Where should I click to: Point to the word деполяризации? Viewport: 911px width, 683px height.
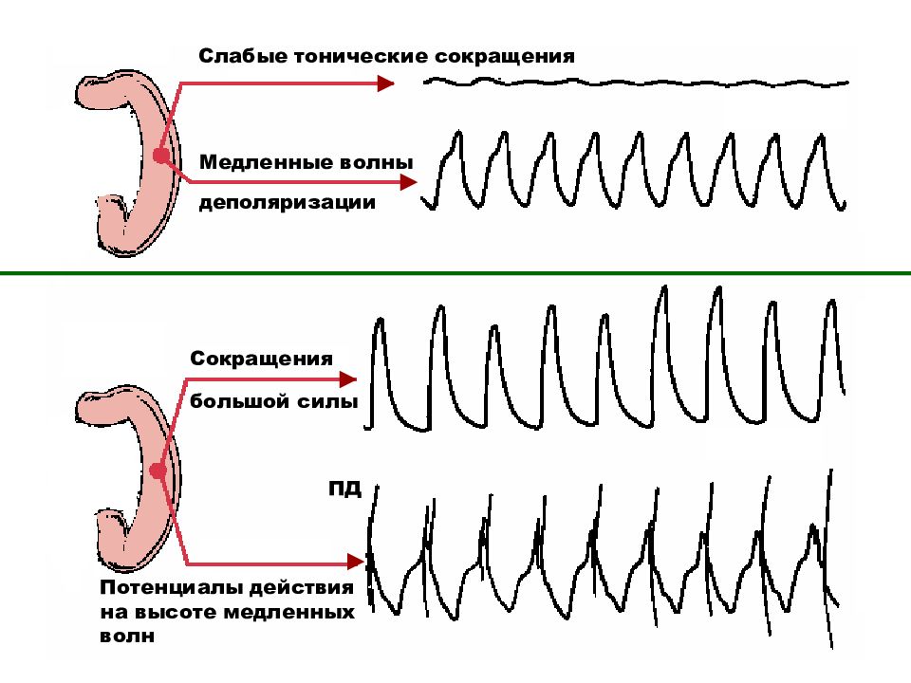(287, 203)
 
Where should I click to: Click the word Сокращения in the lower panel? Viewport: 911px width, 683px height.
(262, 359)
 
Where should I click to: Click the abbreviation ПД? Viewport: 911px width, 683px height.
(344, 489)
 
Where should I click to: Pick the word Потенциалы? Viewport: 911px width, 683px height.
(172, 587)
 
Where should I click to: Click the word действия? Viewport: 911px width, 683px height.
(301, 588)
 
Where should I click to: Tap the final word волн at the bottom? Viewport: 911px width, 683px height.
(127, 636)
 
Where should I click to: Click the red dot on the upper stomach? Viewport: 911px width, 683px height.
(161, 156)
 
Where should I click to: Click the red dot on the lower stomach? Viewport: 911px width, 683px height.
(158, 471)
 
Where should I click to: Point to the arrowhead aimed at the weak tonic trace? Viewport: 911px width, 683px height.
(385, 83)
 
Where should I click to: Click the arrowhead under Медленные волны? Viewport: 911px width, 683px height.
(408, 182)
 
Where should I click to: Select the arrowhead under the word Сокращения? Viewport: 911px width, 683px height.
(347, 379)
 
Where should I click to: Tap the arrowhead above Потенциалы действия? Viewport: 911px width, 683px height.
(355, 562)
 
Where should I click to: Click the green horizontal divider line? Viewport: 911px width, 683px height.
(455, 272)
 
